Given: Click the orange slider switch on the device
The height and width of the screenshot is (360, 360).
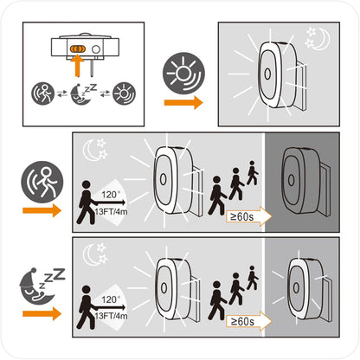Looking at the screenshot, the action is coord(77,49).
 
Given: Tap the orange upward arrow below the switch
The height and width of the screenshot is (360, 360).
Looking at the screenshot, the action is coord(77,66).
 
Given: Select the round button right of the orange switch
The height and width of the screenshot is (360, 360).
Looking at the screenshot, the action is coord(96,49).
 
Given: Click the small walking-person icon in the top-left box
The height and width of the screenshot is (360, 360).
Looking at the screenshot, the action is coord(43,93).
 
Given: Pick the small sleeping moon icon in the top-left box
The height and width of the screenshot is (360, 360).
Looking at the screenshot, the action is coord(83,94).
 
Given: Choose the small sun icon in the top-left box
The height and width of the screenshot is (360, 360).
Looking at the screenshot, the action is coord(124,93).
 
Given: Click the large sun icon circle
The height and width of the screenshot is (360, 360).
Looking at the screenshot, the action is coord(183,73).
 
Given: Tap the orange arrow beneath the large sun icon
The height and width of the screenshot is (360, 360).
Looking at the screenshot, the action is coord(183,102).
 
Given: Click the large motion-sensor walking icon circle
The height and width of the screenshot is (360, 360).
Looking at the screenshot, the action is coord(42,182).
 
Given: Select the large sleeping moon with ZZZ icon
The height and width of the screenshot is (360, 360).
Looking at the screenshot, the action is coord(42,286).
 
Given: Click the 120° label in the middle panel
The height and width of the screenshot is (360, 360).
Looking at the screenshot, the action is coord(109,195).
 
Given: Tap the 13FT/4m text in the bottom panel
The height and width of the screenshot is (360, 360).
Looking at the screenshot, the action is coord(111,316).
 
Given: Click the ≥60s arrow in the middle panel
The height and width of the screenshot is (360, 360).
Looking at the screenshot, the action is coord(249,216).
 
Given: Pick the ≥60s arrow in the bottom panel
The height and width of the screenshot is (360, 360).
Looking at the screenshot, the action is coord(249,321).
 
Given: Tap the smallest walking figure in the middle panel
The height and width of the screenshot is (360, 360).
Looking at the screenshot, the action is coord(252,173).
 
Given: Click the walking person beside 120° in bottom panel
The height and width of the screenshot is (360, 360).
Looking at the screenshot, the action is coord(86,307).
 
